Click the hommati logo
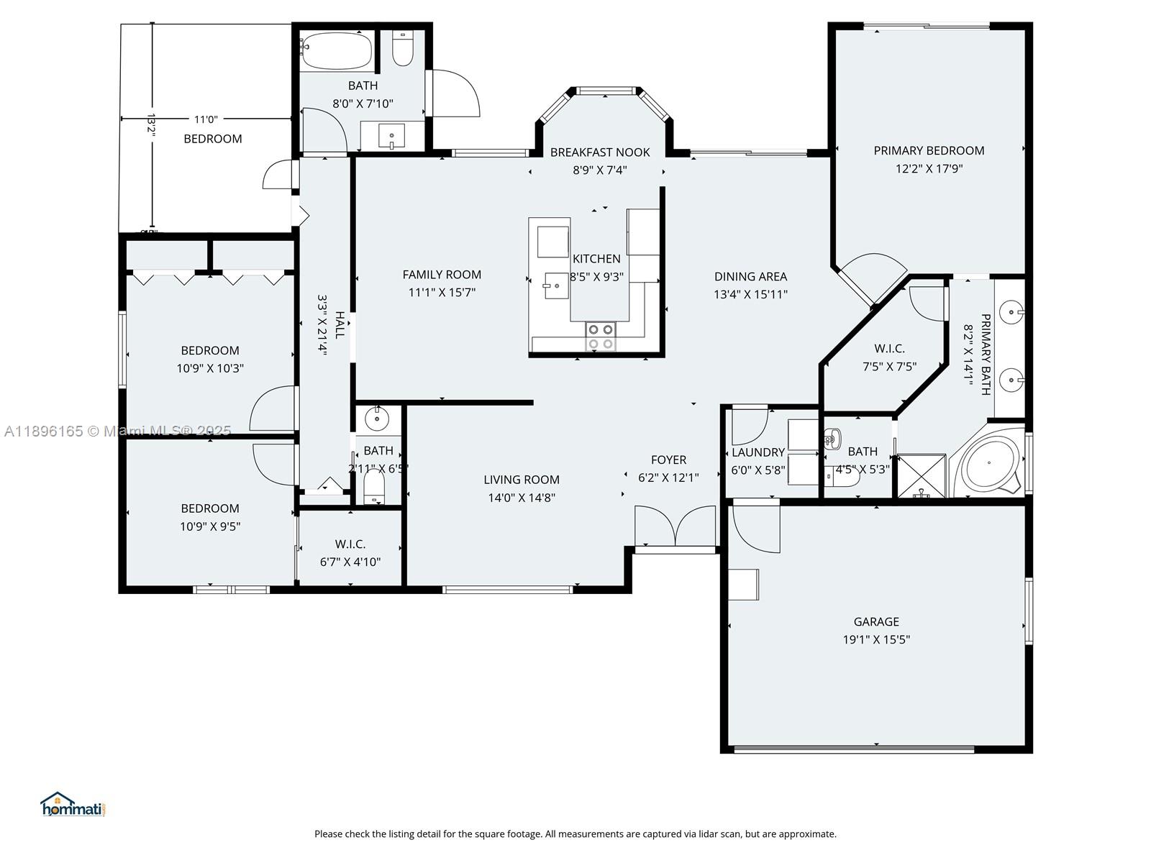click(73, 805)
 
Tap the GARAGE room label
click(875, 621)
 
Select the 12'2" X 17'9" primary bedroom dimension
click(929, 169)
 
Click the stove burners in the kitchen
click(601, 337)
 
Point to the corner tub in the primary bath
click(989, 465)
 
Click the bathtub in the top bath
click(337, 51)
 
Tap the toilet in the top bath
click(403, 49)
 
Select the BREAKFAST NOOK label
click(599, 152)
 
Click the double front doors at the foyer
click(675, 527)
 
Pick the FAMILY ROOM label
click(442, 275)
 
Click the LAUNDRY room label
click(758, 452)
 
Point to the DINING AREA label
click(750, 276)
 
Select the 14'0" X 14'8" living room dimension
click(521, 498)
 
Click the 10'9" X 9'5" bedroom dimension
click(210, 526)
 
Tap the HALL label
click(340, 324)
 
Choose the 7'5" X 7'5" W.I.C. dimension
click(889, 367)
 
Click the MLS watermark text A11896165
click(43, 431)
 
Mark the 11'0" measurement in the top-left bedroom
click(205, 119)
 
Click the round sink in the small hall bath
click(376, 418)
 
